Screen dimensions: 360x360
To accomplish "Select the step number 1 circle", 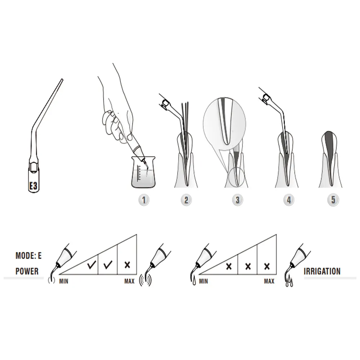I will coord(144,200).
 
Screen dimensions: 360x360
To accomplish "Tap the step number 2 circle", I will coord(186,200).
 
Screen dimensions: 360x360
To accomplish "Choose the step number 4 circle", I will coord(289,200).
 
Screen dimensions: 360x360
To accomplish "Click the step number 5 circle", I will coord(333,200).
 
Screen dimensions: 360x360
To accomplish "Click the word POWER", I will coord(27,271).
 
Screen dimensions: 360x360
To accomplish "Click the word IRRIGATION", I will coord(322,271).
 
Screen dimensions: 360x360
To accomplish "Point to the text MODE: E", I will coord(28,256).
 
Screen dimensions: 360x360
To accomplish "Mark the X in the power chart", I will coord(127,265).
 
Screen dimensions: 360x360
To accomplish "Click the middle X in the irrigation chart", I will coord(247,266).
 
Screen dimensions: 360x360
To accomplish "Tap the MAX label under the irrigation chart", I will coord(269,281).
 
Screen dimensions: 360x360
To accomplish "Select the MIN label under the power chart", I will coord(64,281).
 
